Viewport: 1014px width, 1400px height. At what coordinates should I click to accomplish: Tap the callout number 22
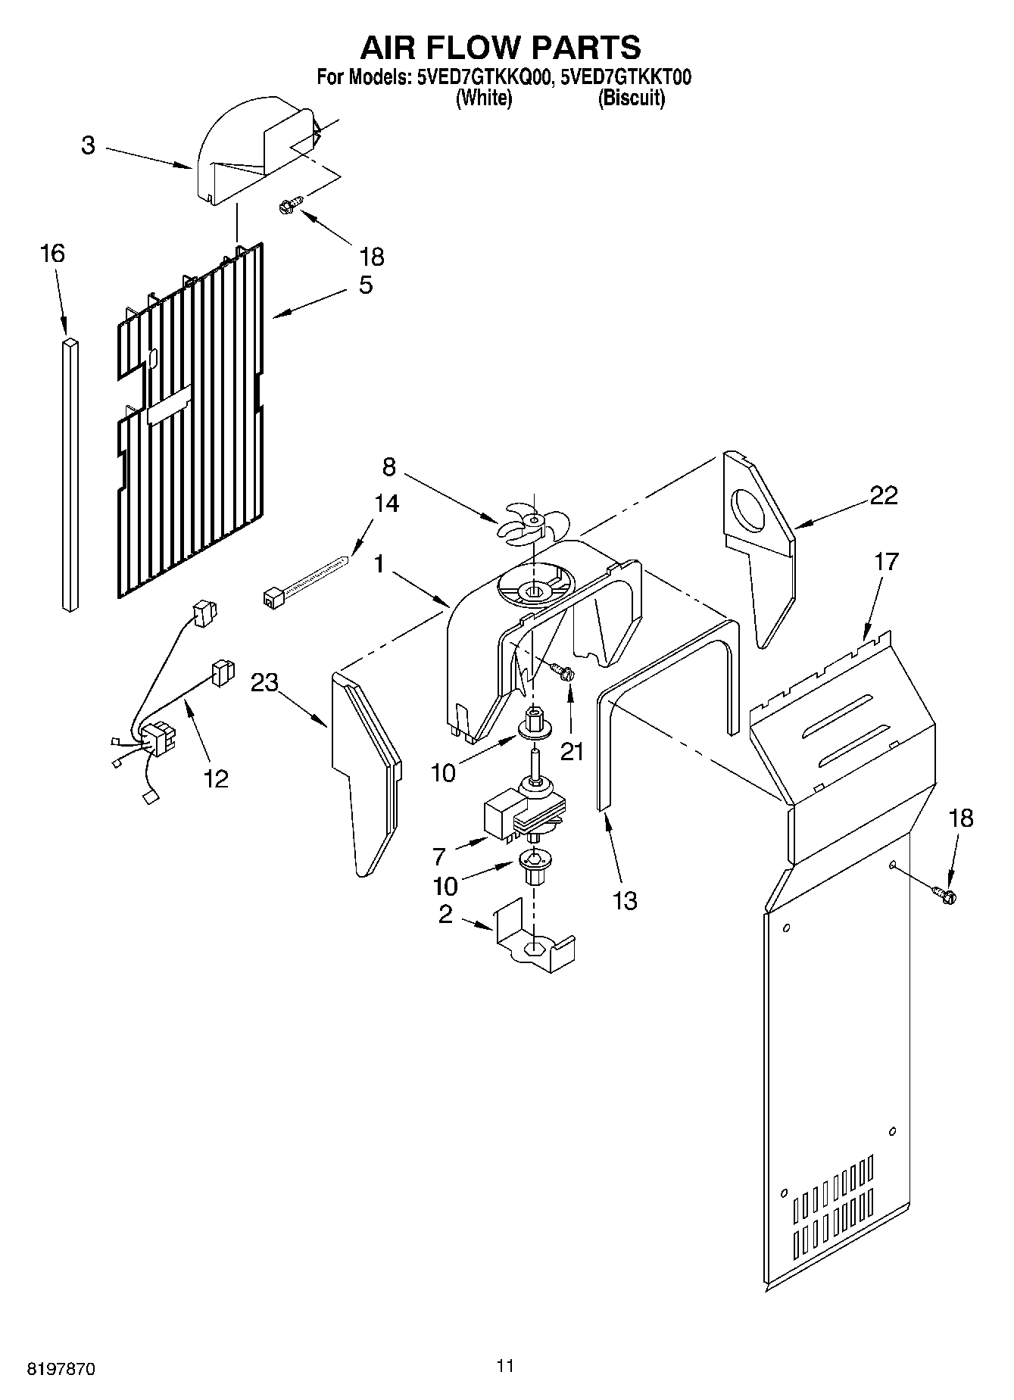[x=883, y=495]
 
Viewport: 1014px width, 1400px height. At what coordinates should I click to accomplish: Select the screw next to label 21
[x=561, y=670]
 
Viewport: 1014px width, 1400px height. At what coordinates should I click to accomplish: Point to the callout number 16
[x=52, y=253]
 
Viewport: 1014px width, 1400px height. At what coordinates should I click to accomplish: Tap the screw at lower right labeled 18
[x=946, y=895]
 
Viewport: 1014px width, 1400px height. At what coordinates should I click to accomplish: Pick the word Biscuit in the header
[x=632, y=98]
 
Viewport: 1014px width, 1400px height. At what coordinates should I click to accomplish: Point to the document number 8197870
[x=61, y=1369]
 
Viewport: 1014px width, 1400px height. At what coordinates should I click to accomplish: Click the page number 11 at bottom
[x=505, y=1366]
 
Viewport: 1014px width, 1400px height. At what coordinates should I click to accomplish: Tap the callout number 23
[x=264, y=682]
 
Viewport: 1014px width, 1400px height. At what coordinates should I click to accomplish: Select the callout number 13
[x=626, y=900]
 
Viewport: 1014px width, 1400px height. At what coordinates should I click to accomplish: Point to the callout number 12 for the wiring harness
[x=216, y=778]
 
